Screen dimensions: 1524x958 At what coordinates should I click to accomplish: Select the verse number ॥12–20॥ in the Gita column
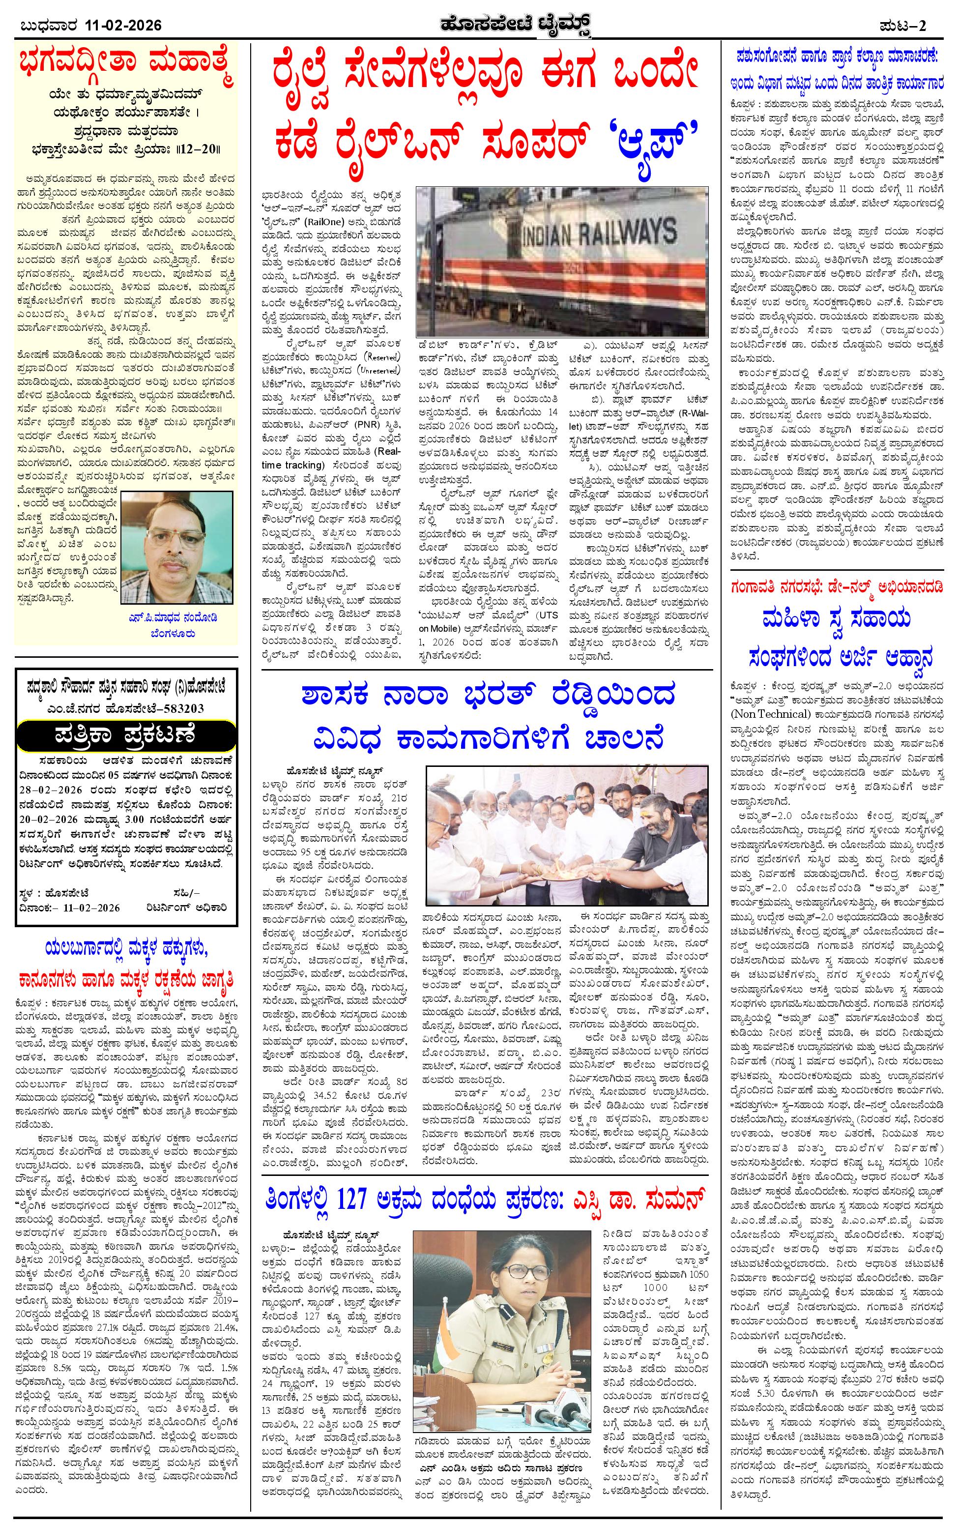[196, 150]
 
